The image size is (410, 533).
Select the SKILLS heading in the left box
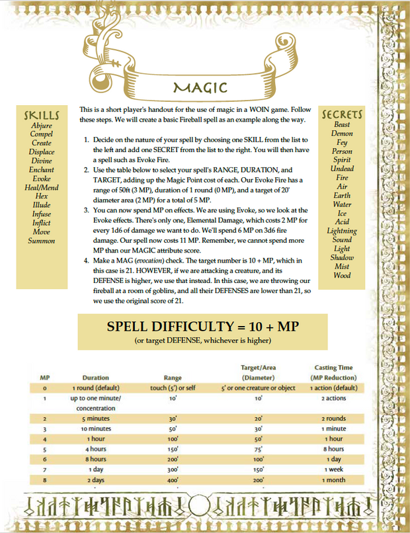(42, 115)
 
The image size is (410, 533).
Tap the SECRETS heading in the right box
(342, 114)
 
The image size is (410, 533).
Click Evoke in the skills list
(42, 179)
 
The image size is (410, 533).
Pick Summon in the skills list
(42, 241)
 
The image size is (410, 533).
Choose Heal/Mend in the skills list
(42, 188)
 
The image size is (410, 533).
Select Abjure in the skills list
(42, 125)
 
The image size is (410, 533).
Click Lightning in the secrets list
(342, 231)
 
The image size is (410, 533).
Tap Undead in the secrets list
(342, 169)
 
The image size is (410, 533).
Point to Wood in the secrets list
(342, 275)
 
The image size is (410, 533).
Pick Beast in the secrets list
(342, 124)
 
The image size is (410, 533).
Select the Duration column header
(96, 378)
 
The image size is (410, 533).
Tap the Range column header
(173, 378)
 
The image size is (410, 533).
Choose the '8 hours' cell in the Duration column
(96, 459)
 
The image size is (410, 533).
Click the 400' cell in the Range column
(173, 479)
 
